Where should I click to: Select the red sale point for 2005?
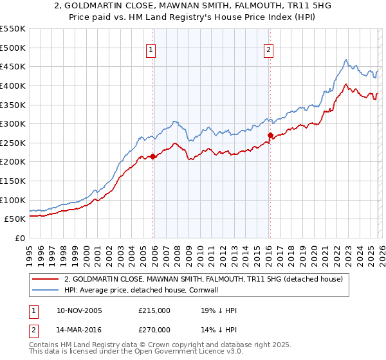[x=153, y=156]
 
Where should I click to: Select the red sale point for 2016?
[x=270, y=136]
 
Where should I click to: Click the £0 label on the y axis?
[x=19, y=238]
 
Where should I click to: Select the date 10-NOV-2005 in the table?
[x=79, y=310]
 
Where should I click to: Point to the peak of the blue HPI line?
[x=345, y=60]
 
